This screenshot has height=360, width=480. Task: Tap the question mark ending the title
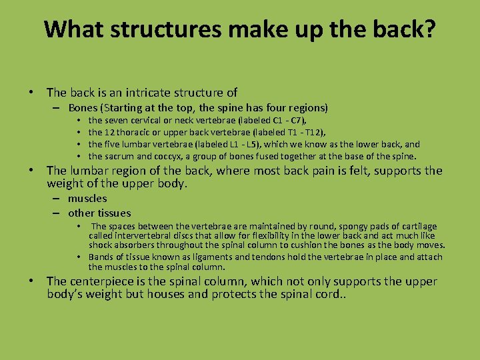(x=429, y=29)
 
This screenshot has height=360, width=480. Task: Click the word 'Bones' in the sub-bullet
(x=83, y=107)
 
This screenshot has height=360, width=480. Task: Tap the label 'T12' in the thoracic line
(x=315, y=133)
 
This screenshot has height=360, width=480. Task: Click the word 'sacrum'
(x=120, y=156)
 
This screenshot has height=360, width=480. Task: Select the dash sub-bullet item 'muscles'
(x=87, y=198)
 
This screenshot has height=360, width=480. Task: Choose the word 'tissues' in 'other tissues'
(x=114, y=213)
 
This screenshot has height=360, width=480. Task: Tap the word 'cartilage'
(x=417, y=226)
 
